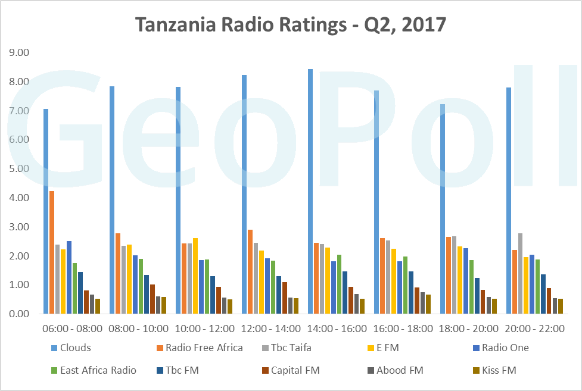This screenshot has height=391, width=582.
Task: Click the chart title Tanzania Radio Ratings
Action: (x=290, y=24)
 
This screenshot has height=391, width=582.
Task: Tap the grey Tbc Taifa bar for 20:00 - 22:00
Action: (x=520, y=274)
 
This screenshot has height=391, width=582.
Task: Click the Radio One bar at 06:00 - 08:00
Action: (x=69, y=277)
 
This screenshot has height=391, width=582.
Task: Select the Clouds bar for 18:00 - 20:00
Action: (x=443, y=209)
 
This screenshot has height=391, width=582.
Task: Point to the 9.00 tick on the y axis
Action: (x=18, y=53)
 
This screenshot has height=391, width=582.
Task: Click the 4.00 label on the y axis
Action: (x=18, y=198)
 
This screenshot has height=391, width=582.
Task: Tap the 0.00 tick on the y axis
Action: (x=18, y=314)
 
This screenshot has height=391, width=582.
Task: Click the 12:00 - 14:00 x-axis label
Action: (x=270, y=329)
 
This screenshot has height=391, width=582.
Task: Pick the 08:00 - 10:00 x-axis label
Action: (x=138, y=329)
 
